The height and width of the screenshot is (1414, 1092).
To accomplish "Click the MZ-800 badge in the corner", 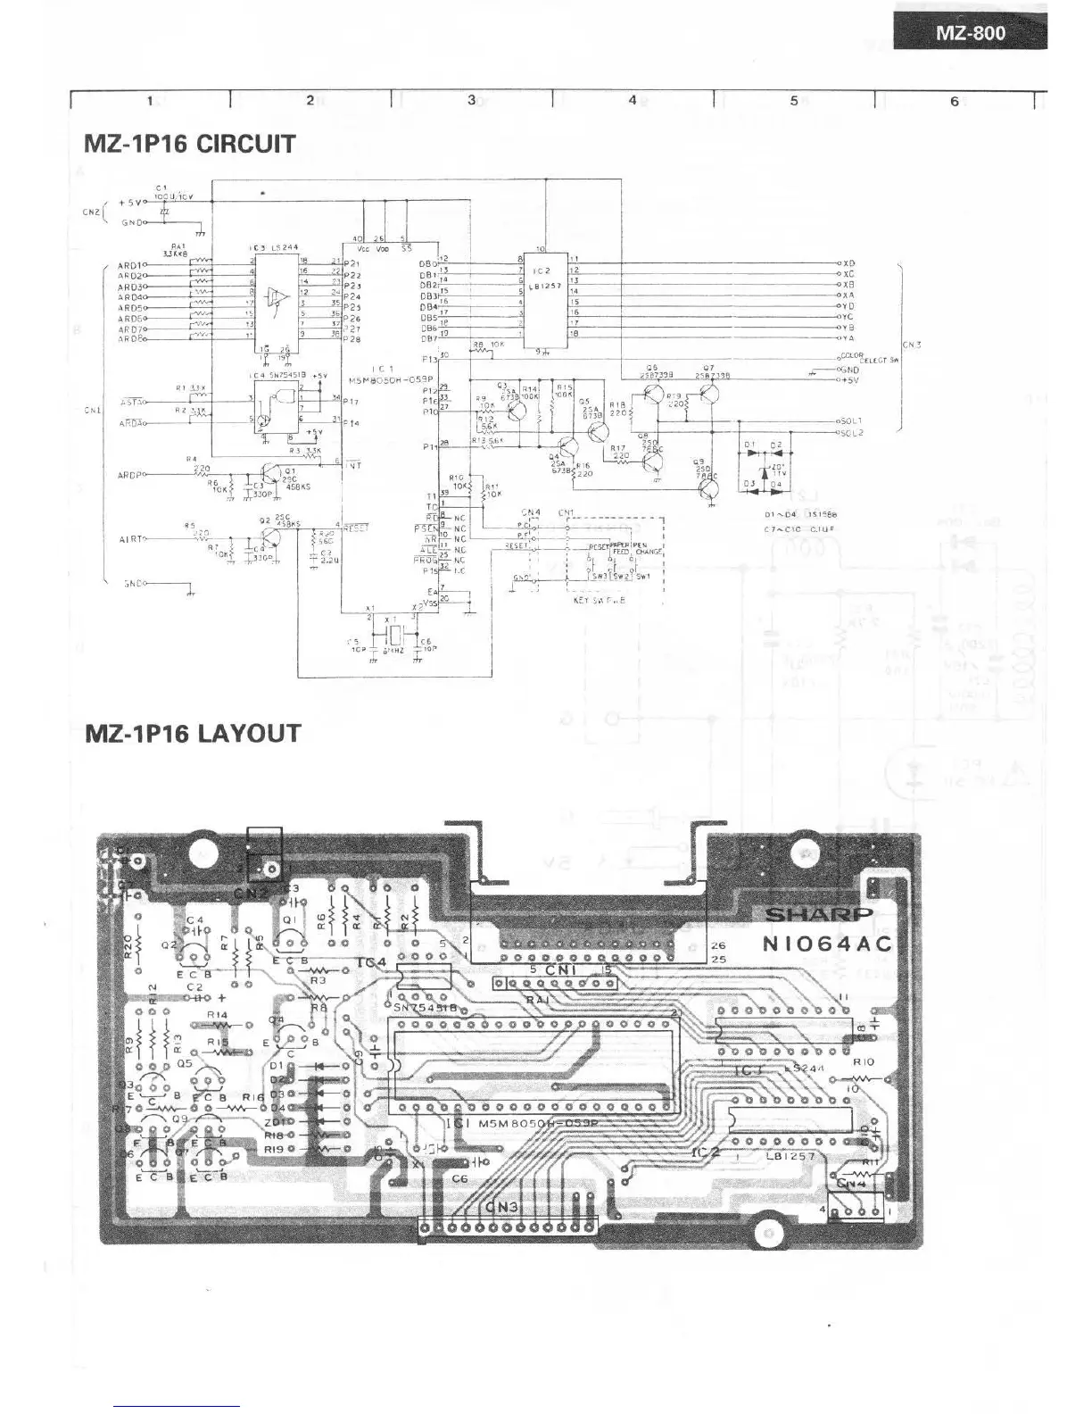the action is [970, 33].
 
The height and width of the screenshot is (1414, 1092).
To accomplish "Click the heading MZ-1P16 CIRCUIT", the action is [189, 144].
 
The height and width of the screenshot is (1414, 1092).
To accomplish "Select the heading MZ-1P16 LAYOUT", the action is [193, 733].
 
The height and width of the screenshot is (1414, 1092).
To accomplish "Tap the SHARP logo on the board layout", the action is [819, 914].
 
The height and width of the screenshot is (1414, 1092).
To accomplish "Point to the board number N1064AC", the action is [827, 944].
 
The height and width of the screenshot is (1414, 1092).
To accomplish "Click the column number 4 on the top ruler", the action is [633, 100].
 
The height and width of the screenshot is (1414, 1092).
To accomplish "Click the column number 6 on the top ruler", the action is [954, 100].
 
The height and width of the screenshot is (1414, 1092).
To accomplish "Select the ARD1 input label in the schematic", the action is [130, 265].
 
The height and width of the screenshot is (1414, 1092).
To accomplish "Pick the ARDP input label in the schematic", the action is [130, 474].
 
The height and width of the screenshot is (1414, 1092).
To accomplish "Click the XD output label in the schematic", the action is [848, 263].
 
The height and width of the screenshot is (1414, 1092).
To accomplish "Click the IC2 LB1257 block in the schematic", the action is [543, 299].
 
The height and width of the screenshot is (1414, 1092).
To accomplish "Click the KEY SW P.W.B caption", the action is [599, 600].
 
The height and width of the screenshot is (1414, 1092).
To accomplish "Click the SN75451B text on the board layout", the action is [425, 1007].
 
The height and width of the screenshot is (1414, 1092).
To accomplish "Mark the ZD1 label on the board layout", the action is [277, 1121].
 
